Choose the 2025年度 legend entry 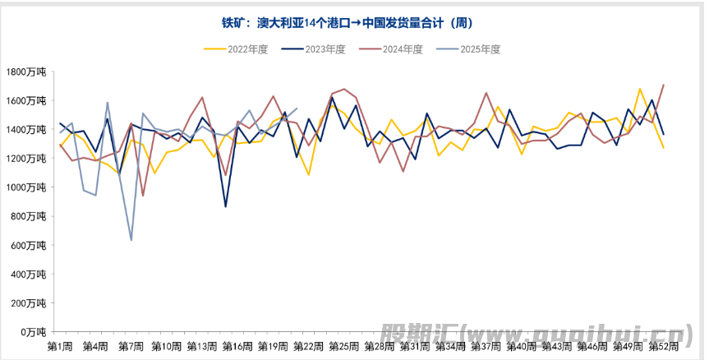pos(480,49)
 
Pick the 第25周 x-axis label pos(343,347)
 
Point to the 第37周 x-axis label pos(486,347)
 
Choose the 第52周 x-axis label pos(662,347)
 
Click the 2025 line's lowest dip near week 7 pos(131,240)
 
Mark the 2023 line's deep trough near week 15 pos(226,206)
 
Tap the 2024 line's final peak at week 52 pos(664,85)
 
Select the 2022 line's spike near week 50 pos(640,88)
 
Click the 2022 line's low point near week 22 pos(308,174)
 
